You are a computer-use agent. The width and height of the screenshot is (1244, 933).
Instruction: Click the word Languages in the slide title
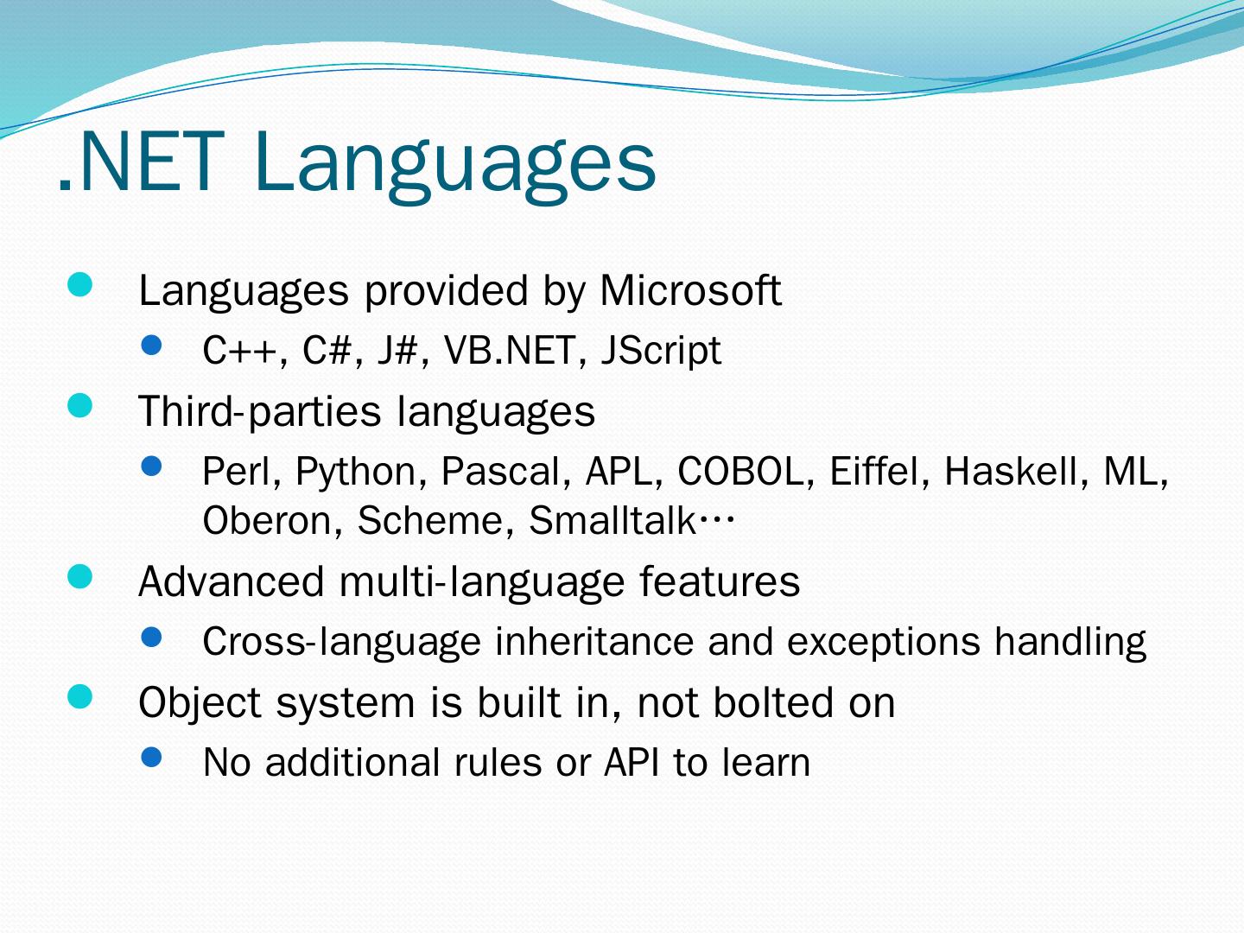point(455,165)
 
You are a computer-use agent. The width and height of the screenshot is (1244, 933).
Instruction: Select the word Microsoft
point(690,290)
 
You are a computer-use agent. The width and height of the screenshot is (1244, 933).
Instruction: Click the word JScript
point(661,352)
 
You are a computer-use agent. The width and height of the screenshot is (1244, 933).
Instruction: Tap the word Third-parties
point(259,412)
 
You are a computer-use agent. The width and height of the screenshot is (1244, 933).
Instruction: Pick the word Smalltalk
point(612,520)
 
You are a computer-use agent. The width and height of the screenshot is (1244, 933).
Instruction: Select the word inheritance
point(594,641)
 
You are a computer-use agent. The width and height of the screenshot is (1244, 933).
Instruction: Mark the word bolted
point(772,702)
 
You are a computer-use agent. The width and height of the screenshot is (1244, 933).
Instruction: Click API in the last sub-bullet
point(632,762)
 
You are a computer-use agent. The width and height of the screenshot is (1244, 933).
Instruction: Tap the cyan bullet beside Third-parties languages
point(79,406)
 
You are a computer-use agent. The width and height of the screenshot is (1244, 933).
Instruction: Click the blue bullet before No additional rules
point(151,757)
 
